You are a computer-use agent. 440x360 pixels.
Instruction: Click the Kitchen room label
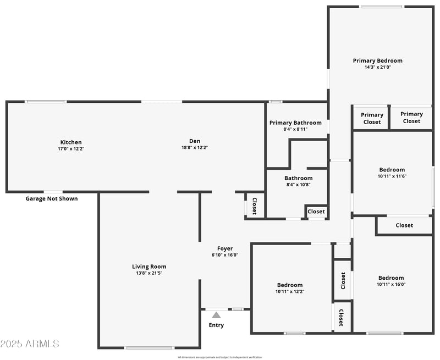click(x=71, y=142)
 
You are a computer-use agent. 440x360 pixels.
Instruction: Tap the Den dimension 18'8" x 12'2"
click(x=195, y=147)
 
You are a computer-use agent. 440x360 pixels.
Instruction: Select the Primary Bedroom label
click(x=377, y=60)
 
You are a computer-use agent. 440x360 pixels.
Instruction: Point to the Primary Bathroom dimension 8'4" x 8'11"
click(x=295, y=129)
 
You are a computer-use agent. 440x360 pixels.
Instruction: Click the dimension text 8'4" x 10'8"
click(x=298, y=185)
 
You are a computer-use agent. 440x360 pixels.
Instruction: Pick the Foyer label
click(x=225, y=248)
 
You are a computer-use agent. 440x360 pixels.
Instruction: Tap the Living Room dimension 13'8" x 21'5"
click(x=148, y=273)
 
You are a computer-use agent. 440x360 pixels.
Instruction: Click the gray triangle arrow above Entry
click(x=216, y=315)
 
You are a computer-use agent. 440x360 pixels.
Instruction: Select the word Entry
click(x=216, y=325)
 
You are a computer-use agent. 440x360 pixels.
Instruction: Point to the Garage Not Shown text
click(x=52, y=198)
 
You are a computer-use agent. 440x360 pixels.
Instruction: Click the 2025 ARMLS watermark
click(x=30, y=344)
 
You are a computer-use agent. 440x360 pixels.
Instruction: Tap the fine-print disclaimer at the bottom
click(x=220, y=357)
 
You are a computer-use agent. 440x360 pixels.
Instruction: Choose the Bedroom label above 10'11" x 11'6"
click(x=392, y=170)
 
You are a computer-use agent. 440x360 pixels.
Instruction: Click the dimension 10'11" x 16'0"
click(x=391, y=284)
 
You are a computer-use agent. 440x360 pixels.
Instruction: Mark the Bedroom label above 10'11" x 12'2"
click(x=290, y=285)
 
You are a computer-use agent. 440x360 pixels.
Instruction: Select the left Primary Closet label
click(x=372, y=118)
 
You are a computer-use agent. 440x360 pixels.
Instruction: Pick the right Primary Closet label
click(x=411, y=117)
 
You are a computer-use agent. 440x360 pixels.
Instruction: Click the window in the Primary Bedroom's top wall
click(x=381, y=7)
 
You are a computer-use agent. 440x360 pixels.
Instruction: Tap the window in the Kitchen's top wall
click(x=46, y=101)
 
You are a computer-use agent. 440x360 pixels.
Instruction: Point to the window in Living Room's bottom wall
click(x=149, y=347)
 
